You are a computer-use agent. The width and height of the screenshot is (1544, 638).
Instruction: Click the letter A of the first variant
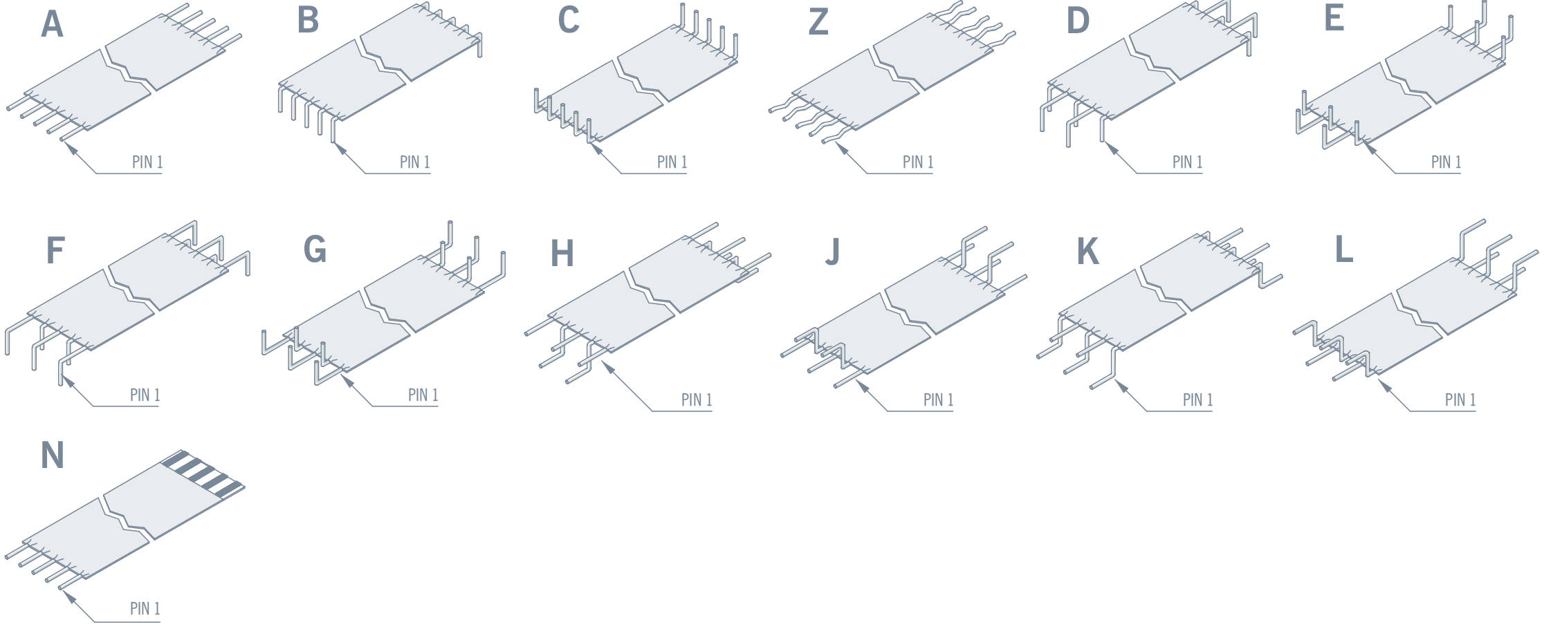point(52,25)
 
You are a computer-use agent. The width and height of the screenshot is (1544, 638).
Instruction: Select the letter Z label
point(818,23)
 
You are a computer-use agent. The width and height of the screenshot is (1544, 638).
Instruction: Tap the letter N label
point(53,456)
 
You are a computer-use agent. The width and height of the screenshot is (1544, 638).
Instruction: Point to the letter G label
point(315,250)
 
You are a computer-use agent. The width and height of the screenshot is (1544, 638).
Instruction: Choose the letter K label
point(1087,252)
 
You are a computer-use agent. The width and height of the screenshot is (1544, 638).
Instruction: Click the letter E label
point(1334,19)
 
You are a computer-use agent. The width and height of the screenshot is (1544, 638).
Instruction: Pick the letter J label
point(833,252)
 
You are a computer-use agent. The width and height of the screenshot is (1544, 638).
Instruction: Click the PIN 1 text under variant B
point(414,162)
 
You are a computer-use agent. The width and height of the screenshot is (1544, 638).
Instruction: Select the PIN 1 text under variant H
point(696,400)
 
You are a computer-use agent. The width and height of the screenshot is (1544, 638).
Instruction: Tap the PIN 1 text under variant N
point(145,609)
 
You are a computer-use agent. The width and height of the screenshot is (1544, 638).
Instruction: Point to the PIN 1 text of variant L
point(1460,400)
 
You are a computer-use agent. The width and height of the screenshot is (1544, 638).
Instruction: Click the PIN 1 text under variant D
point(1187,162)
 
